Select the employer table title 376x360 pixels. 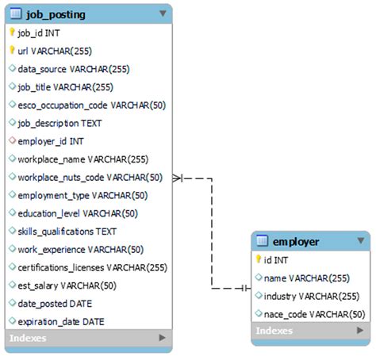pos(295,241)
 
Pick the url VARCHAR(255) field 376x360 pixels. pos(56,51)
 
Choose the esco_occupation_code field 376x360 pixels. pos(91,105)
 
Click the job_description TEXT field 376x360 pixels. pos(59,123)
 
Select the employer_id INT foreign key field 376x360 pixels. pos(51,141)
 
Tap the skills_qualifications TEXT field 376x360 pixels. pos(67,231)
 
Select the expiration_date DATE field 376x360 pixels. pos(61,321)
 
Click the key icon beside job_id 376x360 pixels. pos(12,33)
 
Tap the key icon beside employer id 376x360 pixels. pos(258,259)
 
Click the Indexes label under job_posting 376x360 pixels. pos(28,339)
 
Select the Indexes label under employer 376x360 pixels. pos(274,331)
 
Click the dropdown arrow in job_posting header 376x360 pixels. pos(162,13)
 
